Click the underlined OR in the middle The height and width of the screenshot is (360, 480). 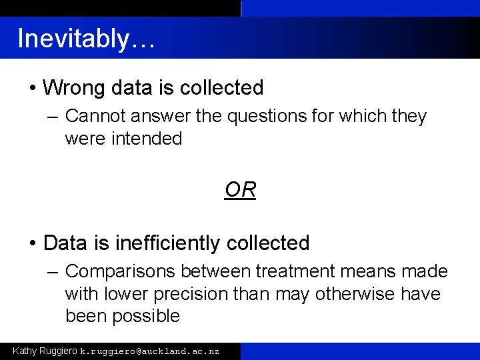click(x=240, y=191)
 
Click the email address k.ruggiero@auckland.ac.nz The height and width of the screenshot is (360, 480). click(x=149, y=351)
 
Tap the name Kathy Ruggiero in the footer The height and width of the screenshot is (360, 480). click(x=45, y=350)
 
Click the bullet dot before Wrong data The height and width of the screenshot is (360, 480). click(x=33, y=88)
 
